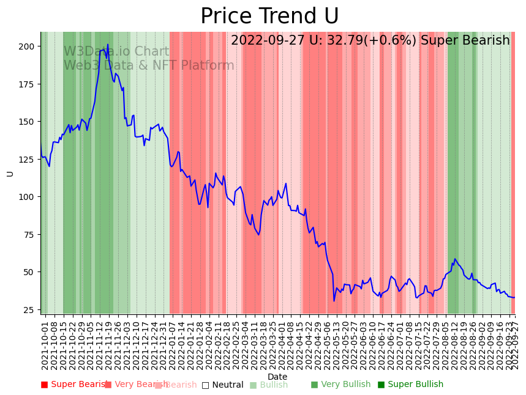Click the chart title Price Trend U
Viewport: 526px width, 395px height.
tap(269, 17)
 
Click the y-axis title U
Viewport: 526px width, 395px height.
tap(10, 173)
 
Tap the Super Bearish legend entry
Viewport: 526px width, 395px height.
tap(75, 385)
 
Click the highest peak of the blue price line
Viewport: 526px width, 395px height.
tap(108, 45)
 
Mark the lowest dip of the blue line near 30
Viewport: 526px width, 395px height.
tap(334, 300)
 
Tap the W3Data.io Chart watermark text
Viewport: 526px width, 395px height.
tap(116, 52)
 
